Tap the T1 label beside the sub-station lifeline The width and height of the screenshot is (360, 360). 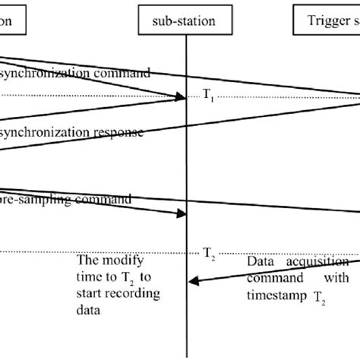pos(208,95)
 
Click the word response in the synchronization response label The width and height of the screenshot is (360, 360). pos(113,133)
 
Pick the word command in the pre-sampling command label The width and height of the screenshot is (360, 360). pos(115,200)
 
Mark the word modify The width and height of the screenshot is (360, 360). pos(121,262)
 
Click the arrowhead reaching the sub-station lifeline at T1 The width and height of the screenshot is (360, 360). pos(182,96)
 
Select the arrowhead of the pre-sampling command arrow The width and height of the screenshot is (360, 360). pos(182,214)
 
